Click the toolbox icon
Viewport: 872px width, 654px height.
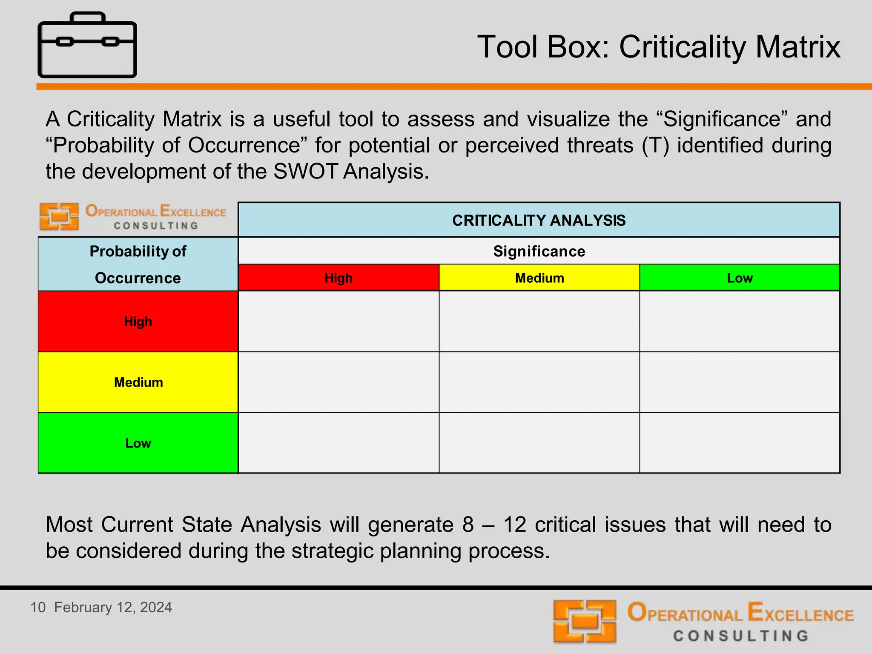point(87,45)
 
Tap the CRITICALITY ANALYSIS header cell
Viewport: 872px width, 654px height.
point(539,220)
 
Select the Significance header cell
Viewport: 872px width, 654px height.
point(539,251)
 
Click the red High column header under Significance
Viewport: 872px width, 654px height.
point(338,278)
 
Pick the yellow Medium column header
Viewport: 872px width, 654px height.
point(539,278)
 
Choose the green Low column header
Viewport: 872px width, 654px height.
point(740,278)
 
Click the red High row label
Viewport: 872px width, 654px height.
point(138,321)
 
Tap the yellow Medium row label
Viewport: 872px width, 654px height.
point(138,382)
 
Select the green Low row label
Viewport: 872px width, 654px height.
point(138,443)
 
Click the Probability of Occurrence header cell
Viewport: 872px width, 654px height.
point(138,264)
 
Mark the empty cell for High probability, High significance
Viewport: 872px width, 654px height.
point(338,321)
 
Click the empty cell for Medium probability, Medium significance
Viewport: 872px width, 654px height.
point(539,382)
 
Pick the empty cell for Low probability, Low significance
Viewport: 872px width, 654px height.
point(740,443)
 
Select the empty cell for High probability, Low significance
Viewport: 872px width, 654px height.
point(740,321)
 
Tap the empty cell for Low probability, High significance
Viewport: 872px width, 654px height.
point(338,443)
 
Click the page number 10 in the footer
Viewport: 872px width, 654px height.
point(38,607)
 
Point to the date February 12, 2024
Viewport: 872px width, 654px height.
point(113,607)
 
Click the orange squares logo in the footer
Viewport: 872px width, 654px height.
point(585,621)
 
